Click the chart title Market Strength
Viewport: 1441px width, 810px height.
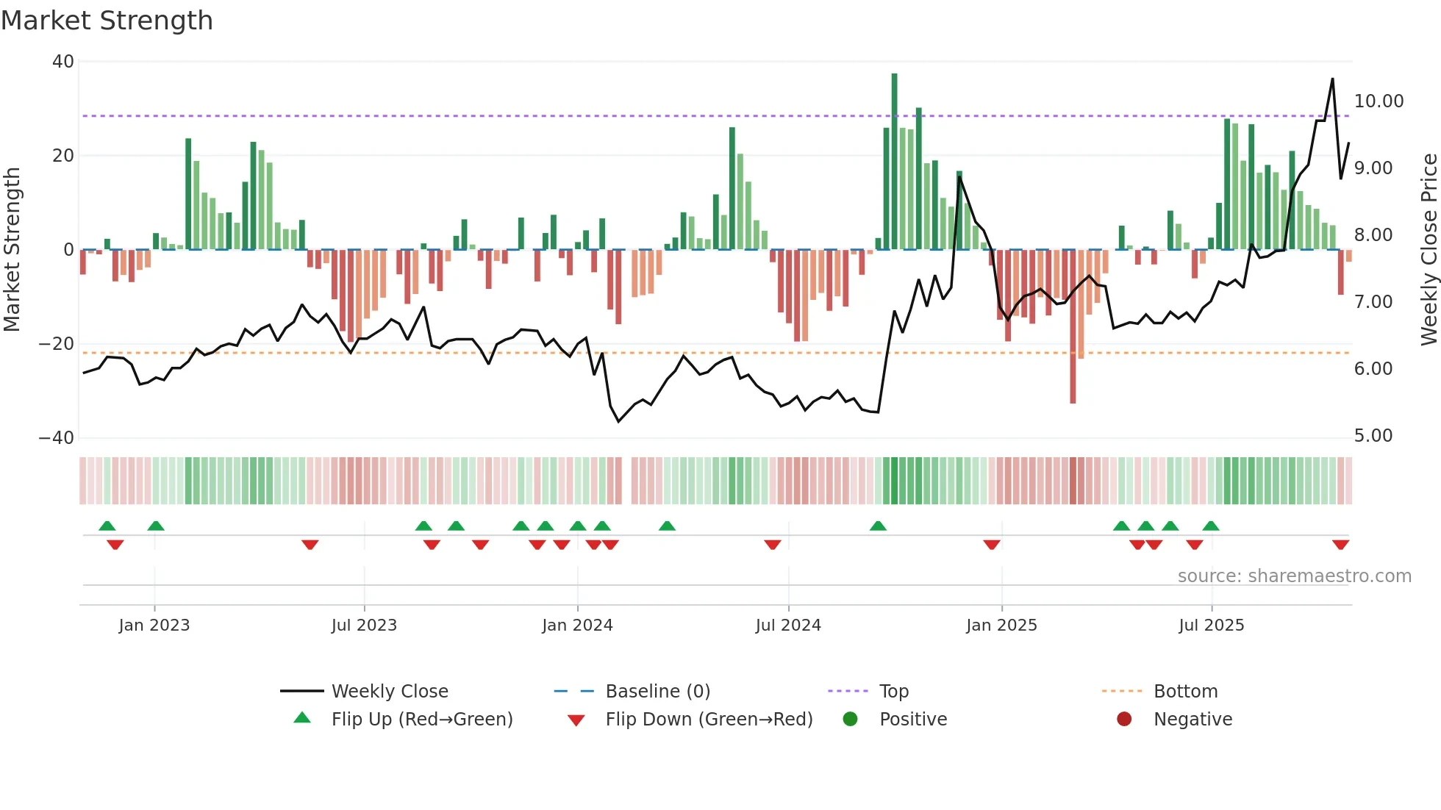coord(107,21)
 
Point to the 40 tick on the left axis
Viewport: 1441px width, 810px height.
coord(63,62)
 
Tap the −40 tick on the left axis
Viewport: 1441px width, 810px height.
coord(57,438)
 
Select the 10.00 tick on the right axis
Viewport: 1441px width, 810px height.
coord(1379,101)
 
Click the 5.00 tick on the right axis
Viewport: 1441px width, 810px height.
coord(1373,436)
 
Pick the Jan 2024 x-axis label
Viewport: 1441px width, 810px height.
coord(577,626)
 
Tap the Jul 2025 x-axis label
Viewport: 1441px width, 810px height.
coord(1211,626)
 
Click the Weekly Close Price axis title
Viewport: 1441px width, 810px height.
coord(1429,250)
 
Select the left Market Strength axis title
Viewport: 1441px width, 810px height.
coord(12,250)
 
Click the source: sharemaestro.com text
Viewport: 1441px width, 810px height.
coord(1294,576)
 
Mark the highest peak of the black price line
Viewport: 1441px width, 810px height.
coord(1332,79)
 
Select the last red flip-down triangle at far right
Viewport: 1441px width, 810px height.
coord(1340,545)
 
